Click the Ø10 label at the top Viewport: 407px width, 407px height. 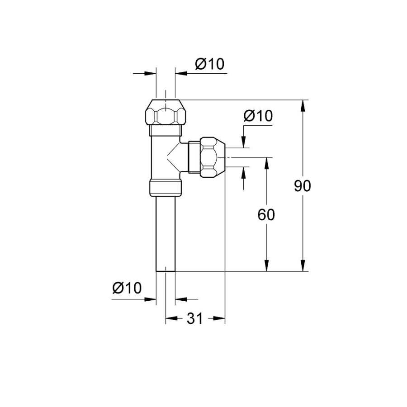tap(210, 64)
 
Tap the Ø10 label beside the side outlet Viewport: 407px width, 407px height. tap(258, 116)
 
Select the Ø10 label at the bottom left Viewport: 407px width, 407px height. tap(127, 288)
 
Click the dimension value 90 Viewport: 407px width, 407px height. tap(303, 186)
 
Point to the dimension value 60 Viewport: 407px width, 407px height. tap(266, 215)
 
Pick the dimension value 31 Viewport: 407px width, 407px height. tap(194, 318)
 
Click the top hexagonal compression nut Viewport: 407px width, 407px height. tap(166, 113)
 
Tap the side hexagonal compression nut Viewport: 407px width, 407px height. tap(213, 157)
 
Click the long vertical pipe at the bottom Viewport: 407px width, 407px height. tap(166, 234)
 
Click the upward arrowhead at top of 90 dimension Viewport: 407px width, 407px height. tap(303, 106)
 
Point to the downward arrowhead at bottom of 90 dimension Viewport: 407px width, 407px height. tap(303, 265)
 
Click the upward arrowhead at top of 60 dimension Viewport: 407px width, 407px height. tap(266, 163)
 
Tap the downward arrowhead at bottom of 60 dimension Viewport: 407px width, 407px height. tap(266, 265)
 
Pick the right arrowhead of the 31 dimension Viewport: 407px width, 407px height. tap(219, 318)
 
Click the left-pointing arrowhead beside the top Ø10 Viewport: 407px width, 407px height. tap(181, 73)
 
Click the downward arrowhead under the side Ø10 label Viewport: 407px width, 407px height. tap(243, 142)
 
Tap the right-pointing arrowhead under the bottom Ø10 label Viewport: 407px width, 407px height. tap(150, 299)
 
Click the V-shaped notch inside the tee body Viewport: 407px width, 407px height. tap(173, 157)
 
